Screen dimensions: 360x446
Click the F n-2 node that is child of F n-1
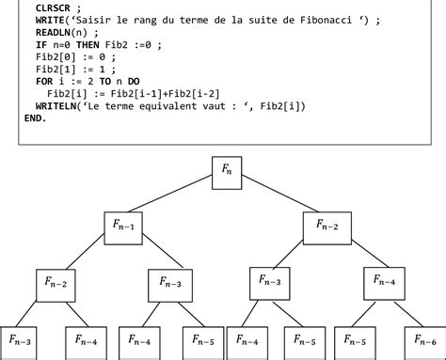[56, 284]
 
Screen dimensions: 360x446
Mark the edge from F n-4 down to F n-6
[406, 312]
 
